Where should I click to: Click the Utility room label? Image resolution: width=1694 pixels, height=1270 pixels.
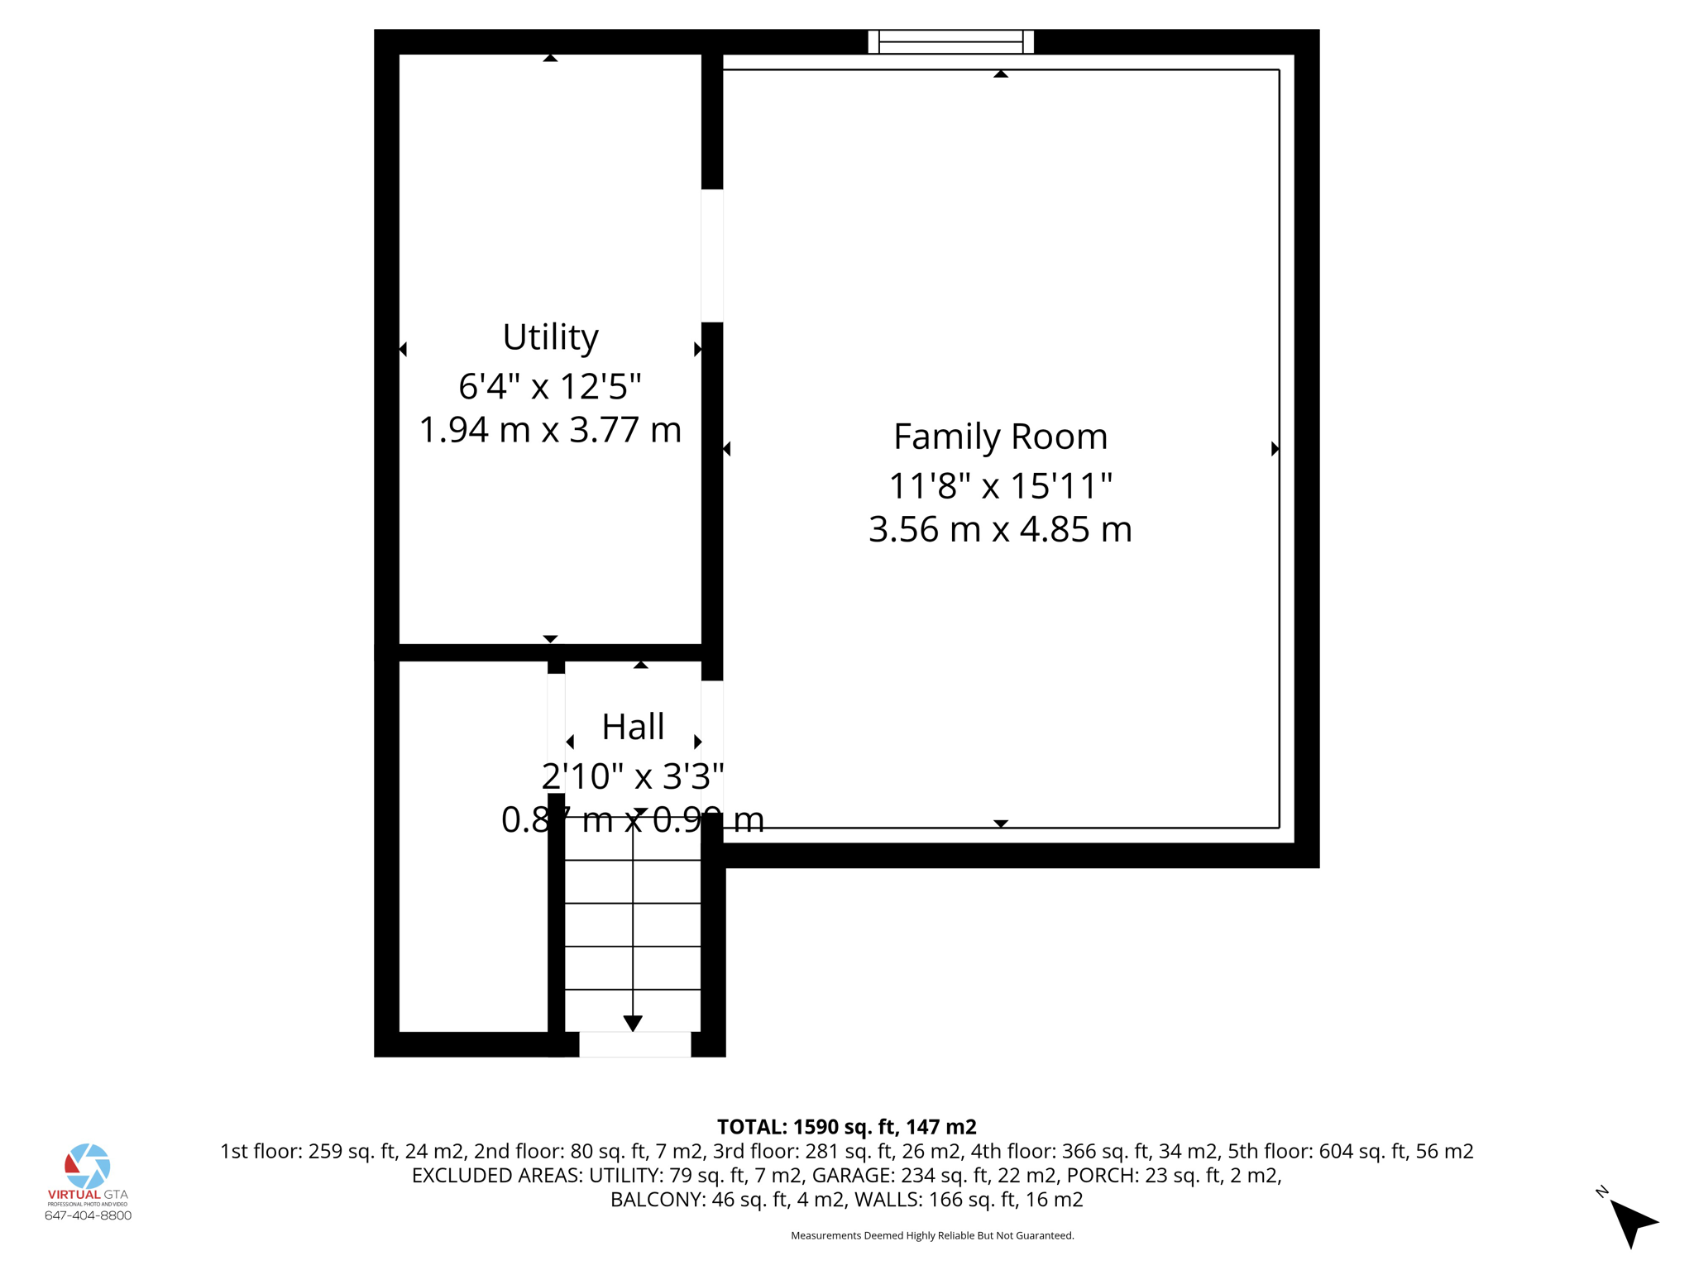(x=550, y=337)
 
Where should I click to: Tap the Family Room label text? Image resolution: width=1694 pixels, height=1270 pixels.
(x=1000, y=437)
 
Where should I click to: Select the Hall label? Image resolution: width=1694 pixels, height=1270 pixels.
(x=633, y=727)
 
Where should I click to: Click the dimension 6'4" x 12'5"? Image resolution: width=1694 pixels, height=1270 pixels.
(x=550, y=386)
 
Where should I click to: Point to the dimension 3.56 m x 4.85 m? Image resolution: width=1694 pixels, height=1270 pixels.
(x=1000, y=529)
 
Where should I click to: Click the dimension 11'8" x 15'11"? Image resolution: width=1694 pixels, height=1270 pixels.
(x=1000, y=485)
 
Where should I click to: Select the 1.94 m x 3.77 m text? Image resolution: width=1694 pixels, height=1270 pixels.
(x=550, y=430)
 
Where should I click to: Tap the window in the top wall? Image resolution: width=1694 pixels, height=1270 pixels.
(x=950, y=41)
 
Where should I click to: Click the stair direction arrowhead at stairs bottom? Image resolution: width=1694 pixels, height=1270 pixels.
(x=633, y=1024)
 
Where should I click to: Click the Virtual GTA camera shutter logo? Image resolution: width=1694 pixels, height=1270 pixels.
(x=88, y=1166)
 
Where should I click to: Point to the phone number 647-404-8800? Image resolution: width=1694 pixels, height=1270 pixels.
(x=88, y=1215)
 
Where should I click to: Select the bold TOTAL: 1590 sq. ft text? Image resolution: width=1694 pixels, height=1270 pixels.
(x=846, y=1127)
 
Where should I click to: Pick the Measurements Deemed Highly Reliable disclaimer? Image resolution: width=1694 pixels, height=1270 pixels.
(x=932, y=1235)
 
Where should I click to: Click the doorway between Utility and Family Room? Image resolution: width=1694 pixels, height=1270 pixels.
(x=712, y=255)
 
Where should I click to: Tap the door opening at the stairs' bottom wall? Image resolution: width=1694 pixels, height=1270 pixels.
(x=634, y=1044)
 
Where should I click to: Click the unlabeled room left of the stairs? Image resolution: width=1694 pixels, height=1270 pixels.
(x=473, y=845)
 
